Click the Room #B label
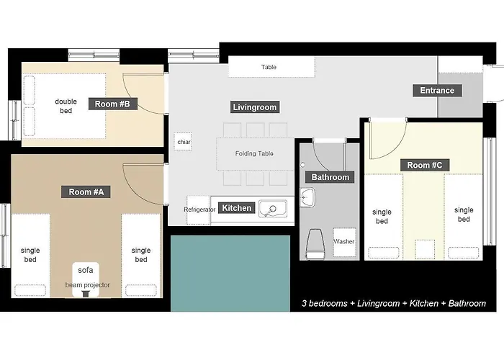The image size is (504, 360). [113, 104]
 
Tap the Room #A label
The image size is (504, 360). [86, 192]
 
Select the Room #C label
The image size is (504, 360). [425, 165]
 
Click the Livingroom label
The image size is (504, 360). [255, 107]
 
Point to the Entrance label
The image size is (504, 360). [437, 90]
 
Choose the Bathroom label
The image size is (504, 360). [330, 177]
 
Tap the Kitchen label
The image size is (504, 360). [237, 208]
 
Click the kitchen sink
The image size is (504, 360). [273, 209]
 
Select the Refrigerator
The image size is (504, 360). [198, 210]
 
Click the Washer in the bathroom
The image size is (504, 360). [344, 242]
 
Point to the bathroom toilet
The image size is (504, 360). [315, 243]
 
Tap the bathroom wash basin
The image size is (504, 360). [307, 197]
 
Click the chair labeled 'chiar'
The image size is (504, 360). [183, 141]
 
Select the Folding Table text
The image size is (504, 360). [254, 153]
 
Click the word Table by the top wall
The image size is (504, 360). [269, 67]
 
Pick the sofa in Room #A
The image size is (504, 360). [86, 279]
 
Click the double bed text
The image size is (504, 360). [66, 106]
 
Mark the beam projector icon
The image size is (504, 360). [86, 294]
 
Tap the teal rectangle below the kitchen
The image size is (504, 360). [230, 274]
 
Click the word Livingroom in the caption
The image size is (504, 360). [378, 303]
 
